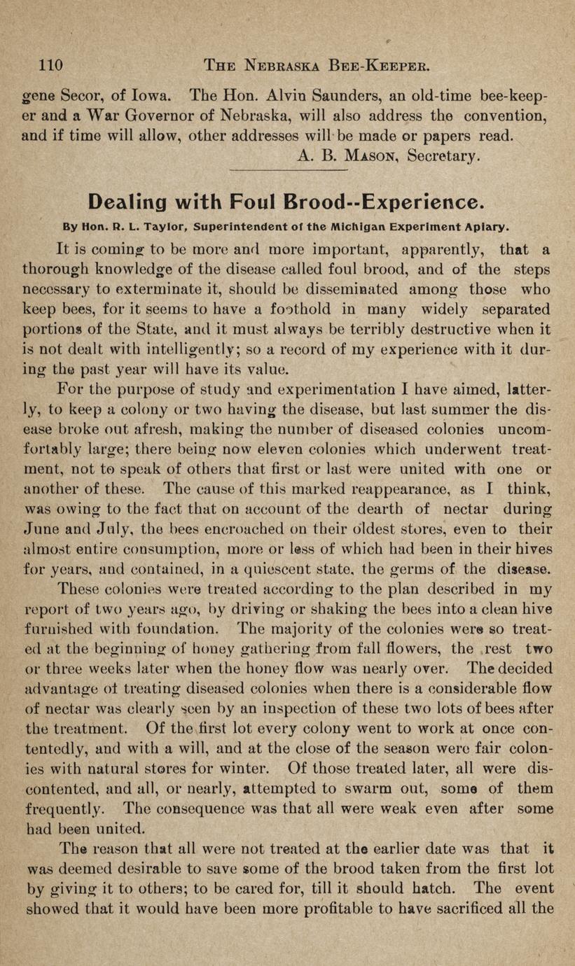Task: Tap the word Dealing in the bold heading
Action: click(x=128, y=202)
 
